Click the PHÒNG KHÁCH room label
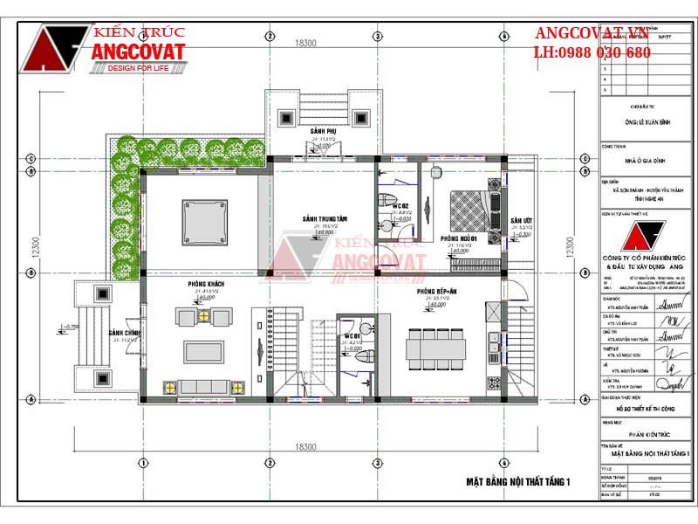click(201, 285)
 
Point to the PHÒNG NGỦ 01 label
click(457, 238)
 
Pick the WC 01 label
click(352, 335)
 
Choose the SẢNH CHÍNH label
click(124, 333)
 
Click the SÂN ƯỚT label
click(521, 221)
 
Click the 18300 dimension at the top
click(305, 42)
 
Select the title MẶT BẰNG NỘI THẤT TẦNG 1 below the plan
click(517, 481)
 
